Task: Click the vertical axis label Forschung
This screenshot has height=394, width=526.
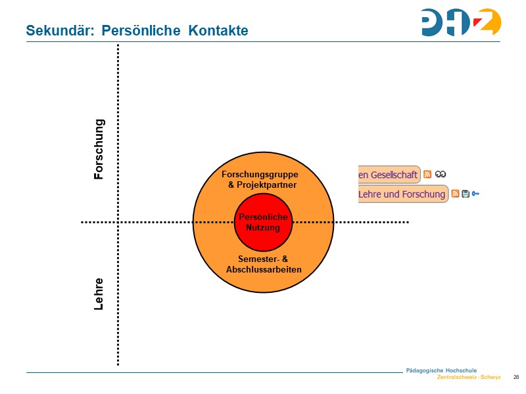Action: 99,149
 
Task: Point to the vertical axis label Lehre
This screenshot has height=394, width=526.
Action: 99,294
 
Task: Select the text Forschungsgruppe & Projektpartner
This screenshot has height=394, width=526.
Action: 261,180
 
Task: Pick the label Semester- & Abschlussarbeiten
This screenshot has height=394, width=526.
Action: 263,264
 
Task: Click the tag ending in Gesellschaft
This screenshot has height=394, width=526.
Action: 388,175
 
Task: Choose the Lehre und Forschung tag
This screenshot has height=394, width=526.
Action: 402,194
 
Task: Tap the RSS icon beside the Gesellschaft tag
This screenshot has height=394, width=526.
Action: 427,175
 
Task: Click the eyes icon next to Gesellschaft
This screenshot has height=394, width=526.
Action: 441,175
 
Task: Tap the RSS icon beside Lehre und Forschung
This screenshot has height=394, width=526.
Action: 455,194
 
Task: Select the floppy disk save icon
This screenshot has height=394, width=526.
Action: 466,194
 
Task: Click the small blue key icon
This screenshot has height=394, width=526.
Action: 475,194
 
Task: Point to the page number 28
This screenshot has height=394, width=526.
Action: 515,377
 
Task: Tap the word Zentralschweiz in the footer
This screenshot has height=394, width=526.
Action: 457,378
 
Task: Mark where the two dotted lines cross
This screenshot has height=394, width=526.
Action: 118,223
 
